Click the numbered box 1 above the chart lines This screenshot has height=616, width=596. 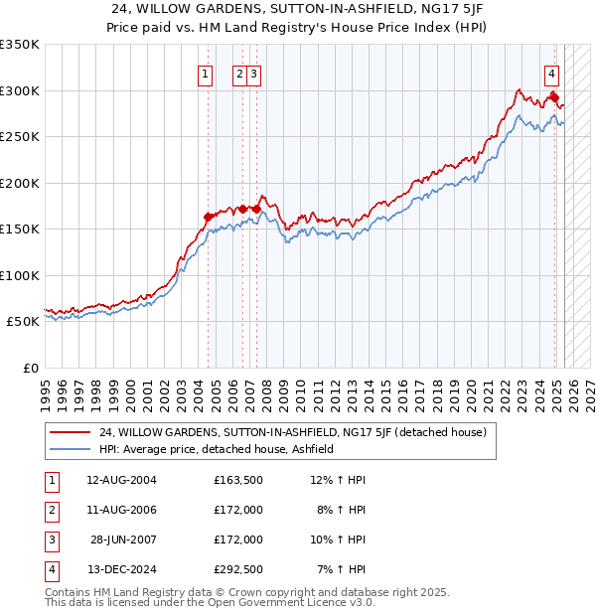pyautogui.click(x=206, y=73)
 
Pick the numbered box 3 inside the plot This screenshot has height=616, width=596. pyautogui.click(x=254, y=73)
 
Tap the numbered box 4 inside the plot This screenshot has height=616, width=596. pyautogui.click(x=551, y=73)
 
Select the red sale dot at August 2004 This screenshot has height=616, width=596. pyautogui.click(x=208, y=217)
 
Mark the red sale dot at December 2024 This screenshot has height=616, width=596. pyautogui.click(x=554, y=97)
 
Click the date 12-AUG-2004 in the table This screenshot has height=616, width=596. pyautogui.click(x=122, y=480)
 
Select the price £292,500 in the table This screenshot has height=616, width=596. pyautogui.click(x=238, y=569)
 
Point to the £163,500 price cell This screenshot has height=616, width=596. pyautogui.click(x=238, y=480)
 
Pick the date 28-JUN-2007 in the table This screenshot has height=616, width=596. pyautogui.click(x=122, y=539)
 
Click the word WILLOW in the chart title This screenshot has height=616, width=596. pyautogui.click(x=198, y=13)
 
